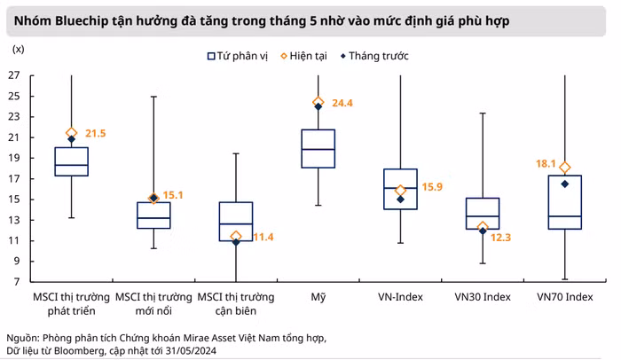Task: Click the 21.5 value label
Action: [x=95, y=133]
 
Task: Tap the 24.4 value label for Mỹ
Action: [x=342, y=103]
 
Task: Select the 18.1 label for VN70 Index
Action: [x=544, y=164]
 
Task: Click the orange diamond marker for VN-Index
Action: [x=400, y=190]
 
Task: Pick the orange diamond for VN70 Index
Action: [x=565, y=168]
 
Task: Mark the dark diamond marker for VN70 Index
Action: [x=565, y=184]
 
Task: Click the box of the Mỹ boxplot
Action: [x=318, y=148]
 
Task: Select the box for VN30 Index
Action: [x=483, y=213]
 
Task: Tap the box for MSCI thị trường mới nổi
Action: [x=153, y=215]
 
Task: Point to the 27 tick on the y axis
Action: [x=14, y=74]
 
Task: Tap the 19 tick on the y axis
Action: [x=14, y=158]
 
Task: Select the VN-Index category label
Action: [x=400, y=295]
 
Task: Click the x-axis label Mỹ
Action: [x=318, y=295]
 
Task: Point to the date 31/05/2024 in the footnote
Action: [x=188, y=351]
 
